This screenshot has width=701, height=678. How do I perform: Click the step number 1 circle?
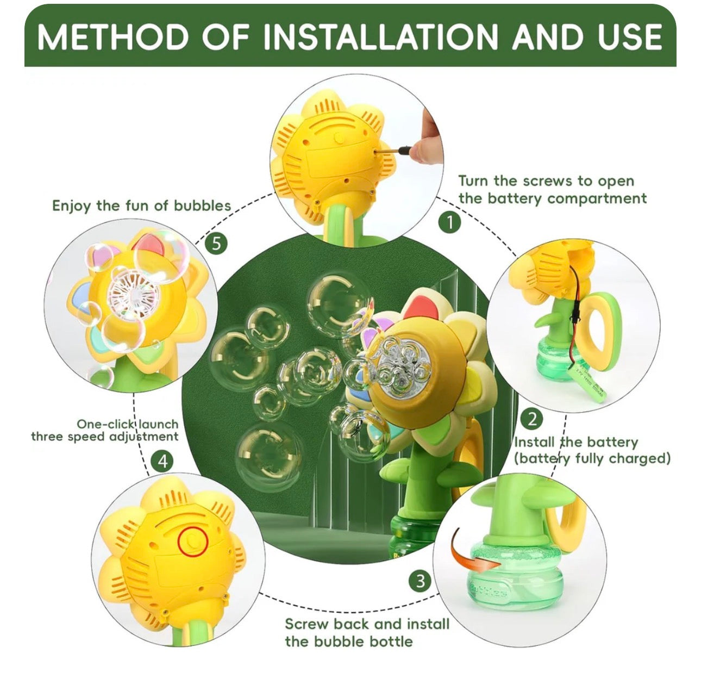[x=449, y=223]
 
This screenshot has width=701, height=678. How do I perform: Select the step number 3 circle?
[x=420, y=581]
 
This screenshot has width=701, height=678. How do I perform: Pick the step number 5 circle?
[x=216, y=244]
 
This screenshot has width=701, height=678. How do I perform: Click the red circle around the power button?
[x=193, y=540]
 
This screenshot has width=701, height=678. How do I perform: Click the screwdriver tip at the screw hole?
[x=377, y=153]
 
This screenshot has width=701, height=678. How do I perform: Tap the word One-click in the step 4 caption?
[x=107, y=424]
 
